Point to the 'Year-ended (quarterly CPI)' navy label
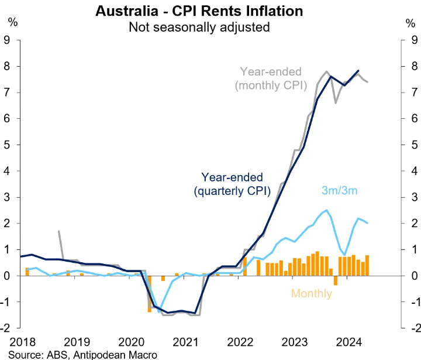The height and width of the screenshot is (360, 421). [232, 183]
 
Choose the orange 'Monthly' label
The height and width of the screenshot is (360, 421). [310, 293]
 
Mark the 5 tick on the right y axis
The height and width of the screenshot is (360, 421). [413, 145]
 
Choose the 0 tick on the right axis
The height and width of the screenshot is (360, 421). [413, 275]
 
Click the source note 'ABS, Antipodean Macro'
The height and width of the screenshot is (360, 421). [82, 354]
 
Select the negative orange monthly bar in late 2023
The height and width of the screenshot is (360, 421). [336, 280]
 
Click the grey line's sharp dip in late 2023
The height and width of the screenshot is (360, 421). [336, 102]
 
